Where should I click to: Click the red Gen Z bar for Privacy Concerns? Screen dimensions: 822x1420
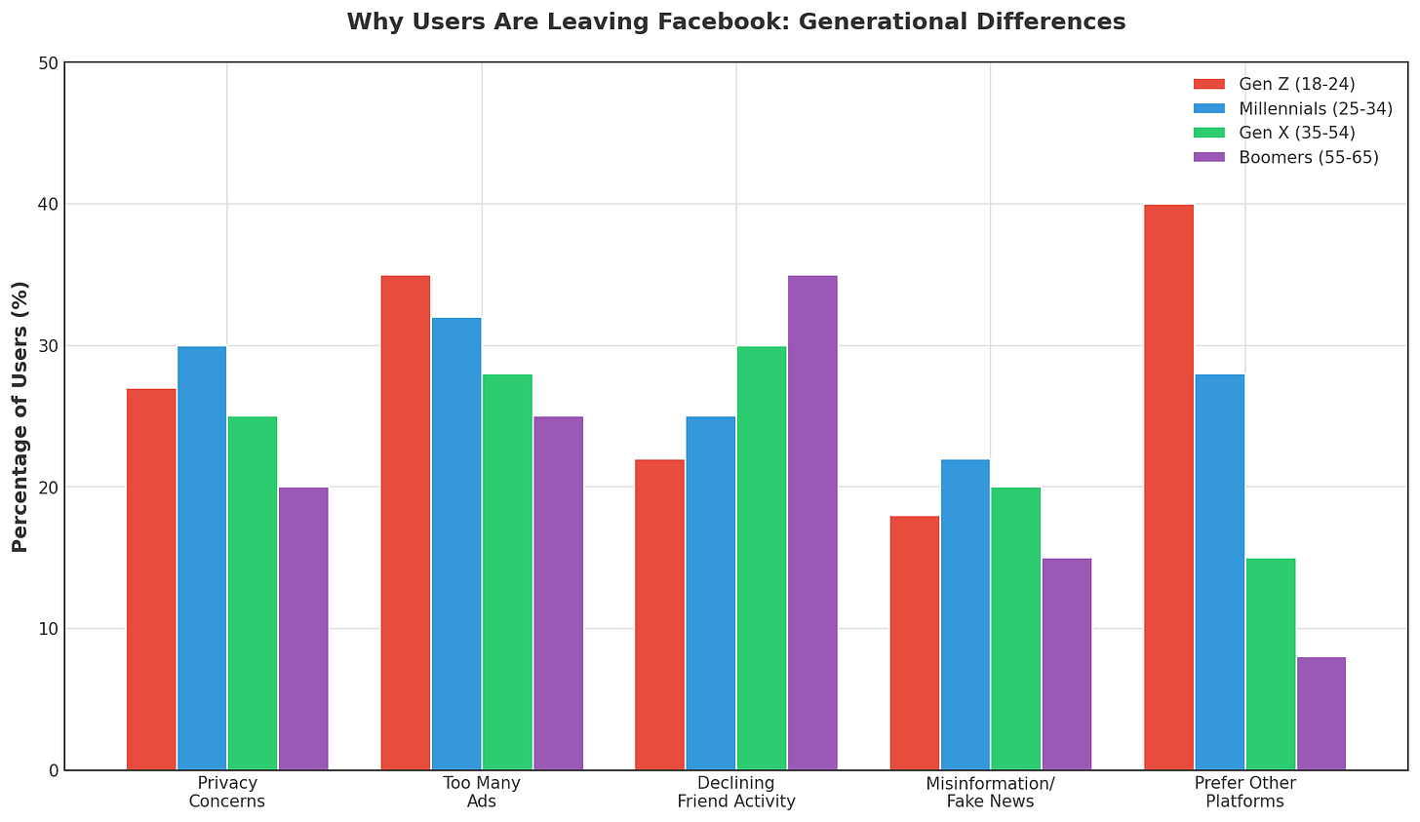[151, 579]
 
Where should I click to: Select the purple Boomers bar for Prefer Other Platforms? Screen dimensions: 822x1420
[1321, 714]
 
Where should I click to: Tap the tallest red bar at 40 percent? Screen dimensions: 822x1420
[1168, 488]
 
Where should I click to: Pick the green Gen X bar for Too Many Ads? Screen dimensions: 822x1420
[507, 572]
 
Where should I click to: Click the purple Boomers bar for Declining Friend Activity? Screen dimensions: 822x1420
[812, 523]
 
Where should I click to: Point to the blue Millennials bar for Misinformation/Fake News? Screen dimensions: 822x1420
[965, 614]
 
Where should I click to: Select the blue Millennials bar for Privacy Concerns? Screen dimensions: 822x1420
[202, 558]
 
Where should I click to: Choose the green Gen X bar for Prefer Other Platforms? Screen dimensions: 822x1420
[1270, 664]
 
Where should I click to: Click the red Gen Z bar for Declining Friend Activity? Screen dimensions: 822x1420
[659, 614]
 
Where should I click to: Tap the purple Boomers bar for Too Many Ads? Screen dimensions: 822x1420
[558, 593]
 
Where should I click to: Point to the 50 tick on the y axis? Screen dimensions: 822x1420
[46, 63]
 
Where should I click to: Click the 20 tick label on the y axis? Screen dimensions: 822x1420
[46, 488]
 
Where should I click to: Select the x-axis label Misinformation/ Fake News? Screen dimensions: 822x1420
[990, 793]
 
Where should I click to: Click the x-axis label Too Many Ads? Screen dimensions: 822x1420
[481, 793]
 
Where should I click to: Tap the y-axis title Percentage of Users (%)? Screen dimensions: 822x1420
[20, 416]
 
